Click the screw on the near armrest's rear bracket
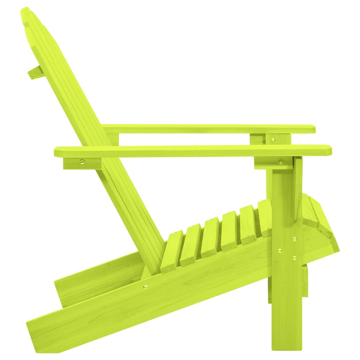82,162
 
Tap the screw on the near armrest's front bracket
281,162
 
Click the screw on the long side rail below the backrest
146,287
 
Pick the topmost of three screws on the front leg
294,239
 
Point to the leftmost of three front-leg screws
279,251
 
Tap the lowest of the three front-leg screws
294,258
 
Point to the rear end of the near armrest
58,152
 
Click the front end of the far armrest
311,129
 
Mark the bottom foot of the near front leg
287,346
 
